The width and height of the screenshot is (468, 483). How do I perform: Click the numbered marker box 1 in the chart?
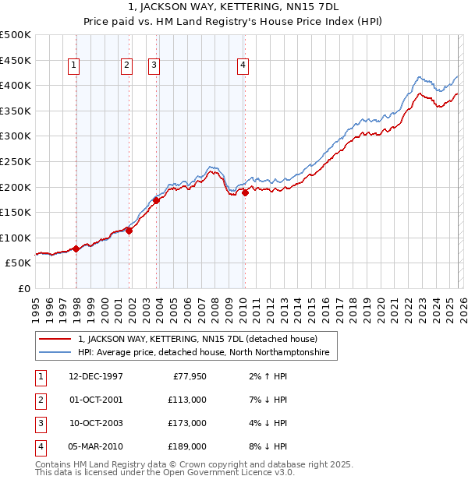pyautogui.click(x=73, y=66)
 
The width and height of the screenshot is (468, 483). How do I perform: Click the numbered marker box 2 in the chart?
pyautogui.click(x=126, y=66)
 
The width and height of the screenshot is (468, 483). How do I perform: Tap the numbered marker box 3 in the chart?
pyautogui.click(x=154, y=66)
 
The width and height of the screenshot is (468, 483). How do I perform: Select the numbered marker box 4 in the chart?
pyautogui.click(x=243, y=66)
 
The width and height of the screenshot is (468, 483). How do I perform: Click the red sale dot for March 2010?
pyautogui.click(x=245, y=192)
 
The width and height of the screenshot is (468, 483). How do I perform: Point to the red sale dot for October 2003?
pyautogui.click(x=157, y=200)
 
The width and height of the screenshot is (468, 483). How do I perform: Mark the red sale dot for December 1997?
pyautogui.click(x=76, y=249)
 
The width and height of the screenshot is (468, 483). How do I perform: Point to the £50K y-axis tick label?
pyautogui.click(x=19, y=263)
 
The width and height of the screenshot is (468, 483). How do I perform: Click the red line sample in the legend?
pyautogui.click(x=55, y=339)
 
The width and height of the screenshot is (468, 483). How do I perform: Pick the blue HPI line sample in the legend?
pyautogui.click(x=55, y=353)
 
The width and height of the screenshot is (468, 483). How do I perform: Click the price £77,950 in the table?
pyautogui.click(x=188, y=376)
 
